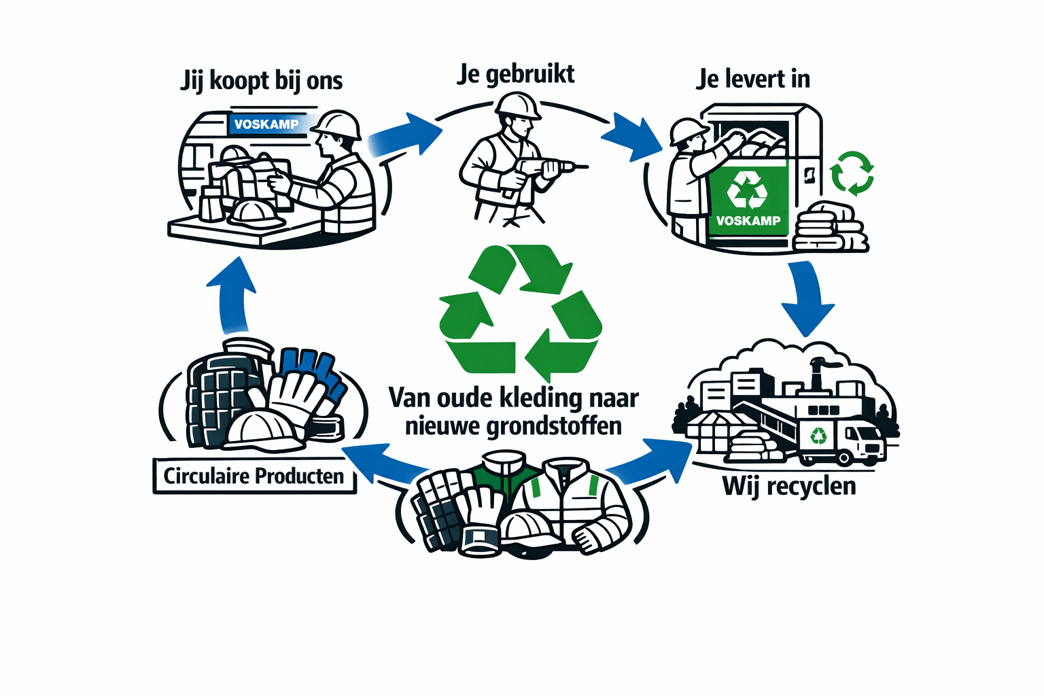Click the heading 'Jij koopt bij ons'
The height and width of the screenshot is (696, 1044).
(262, 81)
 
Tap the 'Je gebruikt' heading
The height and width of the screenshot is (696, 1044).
(516, 74)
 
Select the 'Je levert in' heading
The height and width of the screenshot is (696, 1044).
(753, 80)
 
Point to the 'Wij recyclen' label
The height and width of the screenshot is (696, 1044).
(789, 487)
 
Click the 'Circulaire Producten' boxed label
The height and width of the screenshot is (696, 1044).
(254, 476)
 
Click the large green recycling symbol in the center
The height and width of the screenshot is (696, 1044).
(521, 310)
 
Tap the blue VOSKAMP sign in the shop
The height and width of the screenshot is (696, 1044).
(266, 124)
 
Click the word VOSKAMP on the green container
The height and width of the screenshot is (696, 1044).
(748, 221)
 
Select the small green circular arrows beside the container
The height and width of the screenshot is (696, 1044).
(852, 173)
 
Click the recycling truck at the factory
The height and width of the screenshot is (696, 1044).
(843, 441)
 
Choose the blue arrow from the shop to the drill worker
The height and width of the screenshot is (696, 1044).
(405, 137)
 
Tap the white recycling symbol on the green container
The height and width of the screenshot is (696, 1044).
(747, 190)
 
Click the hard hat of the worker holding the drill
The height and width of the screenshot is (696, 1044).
(518, 105)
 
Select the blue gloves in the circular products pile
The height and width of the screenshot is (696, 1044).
(313, 370)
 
